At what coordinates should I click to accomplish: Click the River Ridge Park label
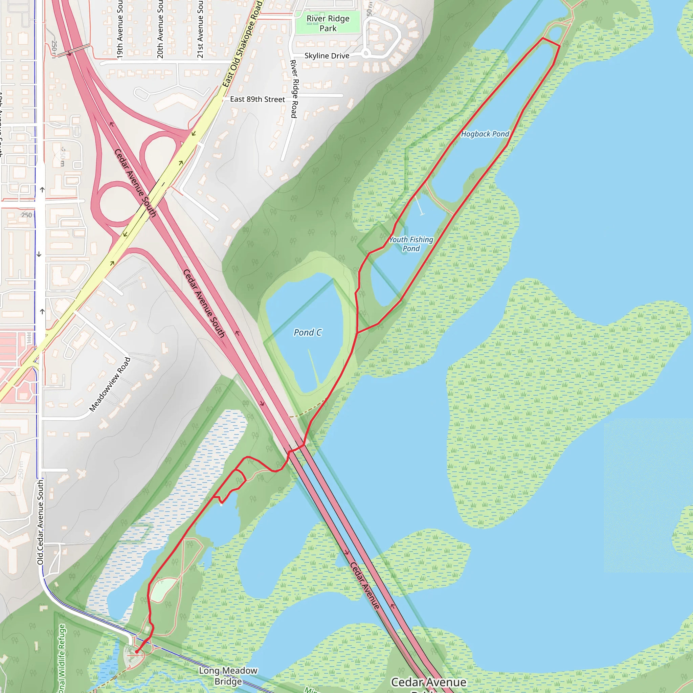pyautogui.click(x=328, y=23)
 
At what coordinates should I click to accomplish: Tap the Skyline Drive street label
pyautogui.click(x=327, y=56)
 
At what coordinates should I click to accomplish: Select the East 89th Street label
pyautogui.click(x=257, y=99)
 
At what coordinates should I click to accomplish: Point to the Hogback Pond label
pyautogui.click(x=485, y=134)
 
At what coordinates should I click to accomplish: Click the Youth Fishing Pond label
pyautogui.click(x=411, y=244)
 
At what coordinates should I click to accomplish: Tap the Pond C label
pyautogui.click(x=307, y=333)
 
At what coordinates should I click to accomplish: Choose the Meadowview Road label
pyautogui.click(x=110, y=384)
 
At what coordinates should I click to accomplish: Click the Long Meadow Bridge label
pyautogui.click(x=228, y=676)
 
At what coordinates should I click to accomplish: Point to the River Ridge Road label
pyautogui.click(x=294, y=89)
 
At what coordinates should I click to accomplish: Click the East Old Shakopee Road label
pyautogui.click(x=242, y=45)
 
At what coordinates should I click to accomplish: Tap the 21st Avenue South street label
pyautogui.click(x=200, y=29)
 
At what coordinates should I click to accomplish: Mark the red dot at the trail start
pyautogui.click(x=137, y=652)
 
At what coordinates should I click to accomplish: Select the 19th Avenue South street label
pyautogui.click(x=120, y=29)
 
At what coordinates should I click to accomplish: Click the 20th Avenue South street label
pyautogui.click(x=160, y=29)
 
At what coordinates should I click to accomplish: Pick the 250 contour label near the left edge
pyautogui.click(x=26, y=215)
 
